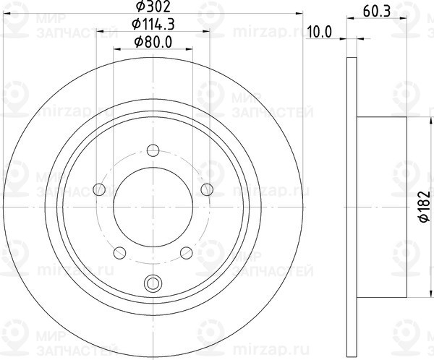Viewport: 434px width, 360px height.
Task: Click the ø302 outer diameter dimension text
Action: (153, 9)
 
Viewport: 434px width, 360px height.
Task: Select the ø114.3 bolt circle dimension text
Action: (153, 26)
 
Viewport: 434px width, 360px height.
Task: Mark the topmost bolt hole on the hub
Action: (153, 150)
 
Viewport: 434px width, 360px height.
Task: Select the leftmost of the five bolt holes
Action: (100, 189)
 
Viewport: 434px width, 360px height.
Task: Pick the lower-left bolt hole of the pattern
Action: (120, 252)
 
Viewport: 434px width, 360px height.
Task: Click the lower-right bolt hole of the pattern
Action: (186, 252)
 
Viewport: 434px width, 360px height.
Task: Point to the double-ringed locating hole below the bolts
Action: (153, 283)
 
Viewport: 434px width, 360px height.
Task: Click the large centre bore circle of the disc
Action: (153, 206)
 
